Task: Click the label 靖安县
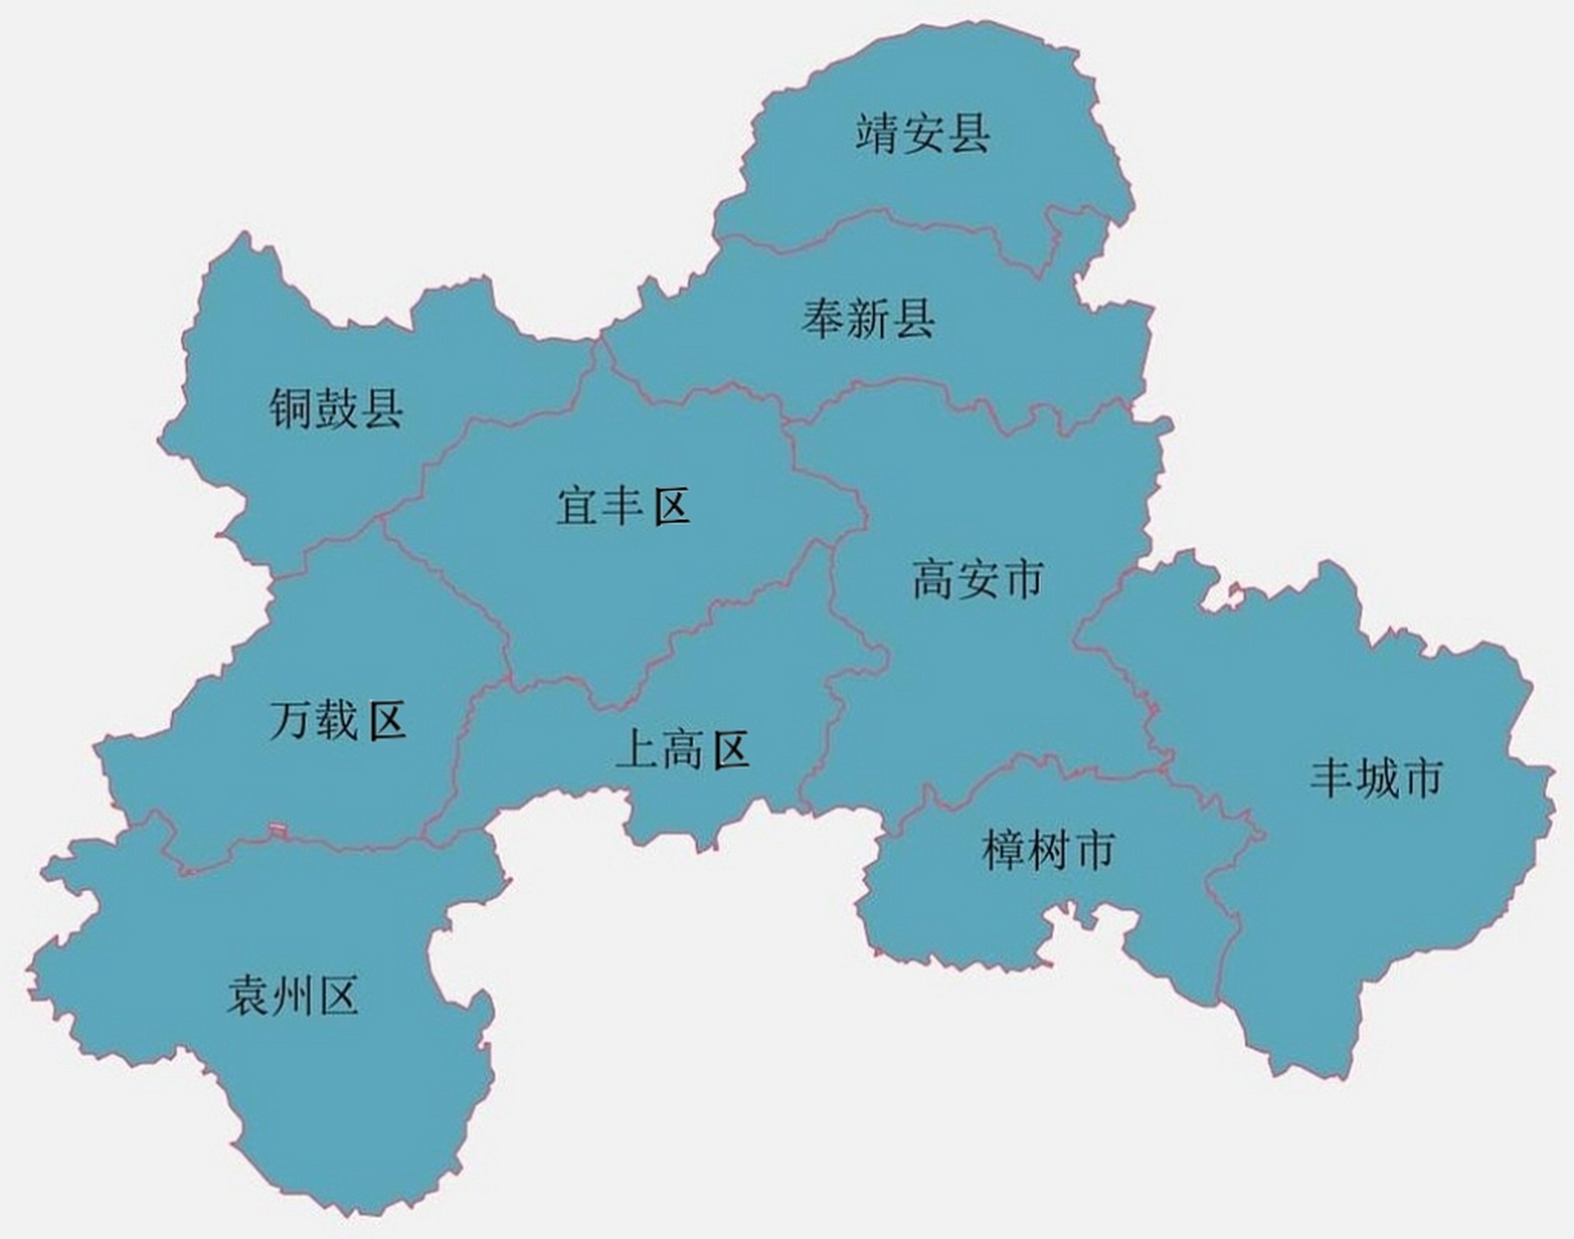click(x=923, y=134)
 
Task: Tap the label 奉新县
click(x=868, y=318)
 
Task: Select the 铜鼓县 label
click(x=336, y=408)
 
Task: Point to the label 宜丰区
click(x=622, y=506)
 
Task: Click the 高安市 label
click(x=978, y=580)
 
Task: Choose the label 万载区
click(x=337, y=721)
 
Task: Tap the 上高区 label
click(x=683, y=750)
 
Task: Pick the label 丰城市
click(x=1377, y=777)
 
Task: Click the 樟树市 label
click(x=1048, y=850)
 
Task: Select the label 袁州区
click(x=293, y=995)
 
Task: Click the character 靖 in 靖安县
click(x=878, y=134)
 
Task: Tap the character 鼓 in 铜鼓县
click(x=336, y=408)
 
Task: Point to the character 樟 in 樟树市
click(x=1004, y=850)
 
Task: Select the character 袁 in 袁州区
click(x=249, y=995)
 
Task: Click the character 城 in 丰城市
click(x=1377, y=777)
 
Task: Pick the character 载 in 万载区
click(x=337, y=721)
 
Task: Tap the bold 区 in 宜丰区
click(x=670, y=506)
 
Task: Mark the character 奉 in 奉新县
click(x=824, y=318)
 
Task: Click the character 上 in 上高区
click(x=637, y=750)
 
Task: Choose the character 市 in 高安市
click(x=1023, y=580)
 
